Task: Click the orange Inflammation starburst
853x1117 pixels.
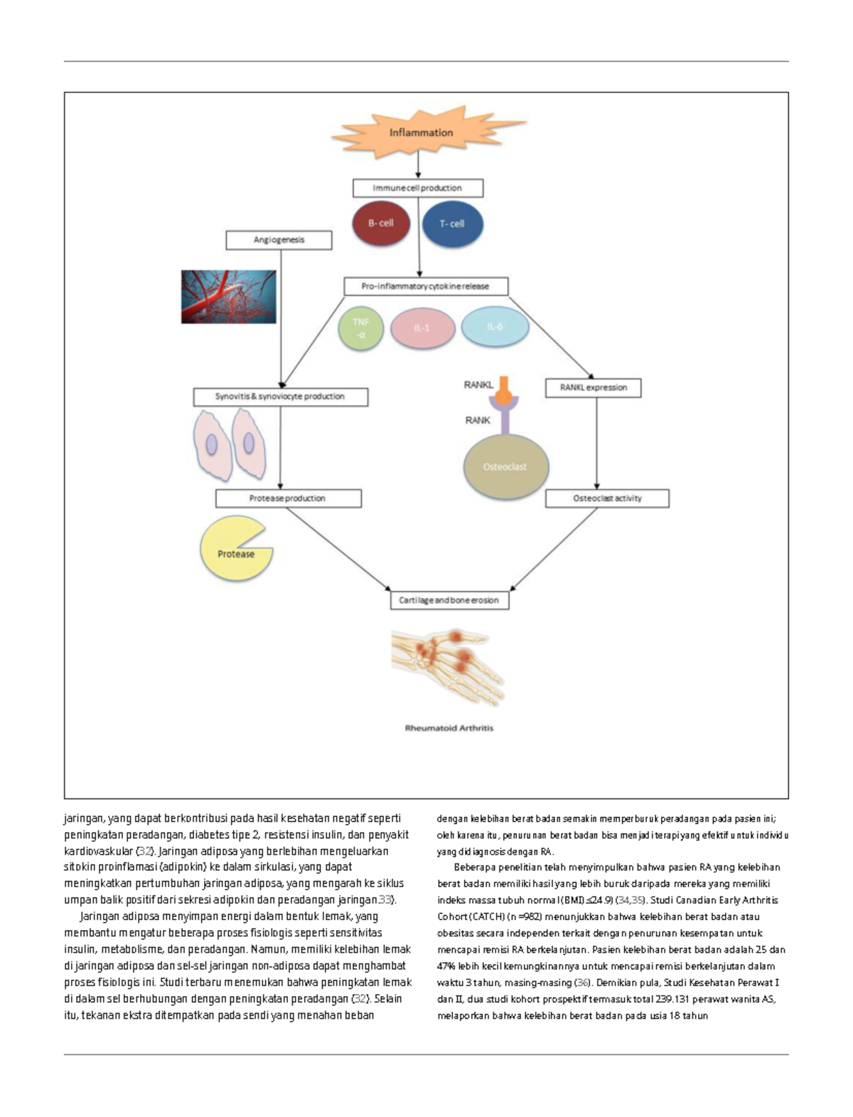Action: (422, 133)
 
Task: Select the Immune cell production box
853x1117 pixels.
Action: (418, 188)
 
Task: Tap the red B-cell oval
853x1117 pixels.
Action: (381, 223)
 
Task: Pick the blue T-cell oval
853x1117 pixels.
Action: (452, 224)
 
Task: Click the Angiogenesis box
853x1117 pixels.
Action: (279, 240)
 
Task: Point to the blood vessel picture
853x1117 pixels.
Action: (228, 296)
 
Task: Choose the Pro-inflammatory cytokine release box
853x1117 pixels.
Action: (426, 287)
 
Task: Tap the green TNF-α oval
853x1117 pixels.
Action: (361, 328)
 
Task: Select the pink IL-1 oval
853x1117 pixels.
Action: (422, 328)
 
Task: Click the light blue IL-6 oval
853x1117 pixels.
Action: (495, 327)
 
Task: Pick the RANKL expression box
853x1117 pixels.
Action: (594, 388)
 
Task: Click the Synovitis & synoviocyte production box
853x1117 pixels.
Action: (280, 397)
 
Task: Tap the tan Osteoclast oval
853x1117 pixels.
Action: (505, 467)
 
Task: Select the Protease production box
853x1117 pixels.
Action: (288, 498)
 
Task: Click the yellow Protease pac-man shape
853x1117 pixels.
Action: (233, 552)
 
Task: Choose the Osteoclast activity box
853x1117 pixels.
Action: (607, 498)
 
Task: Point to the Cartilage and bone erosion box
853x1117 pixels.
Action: (449, 600)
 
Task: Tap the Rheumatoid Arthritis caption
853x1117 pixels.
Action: (449, 728)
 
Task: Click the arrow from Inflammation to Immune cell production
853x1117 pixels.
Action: (418, 166)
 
